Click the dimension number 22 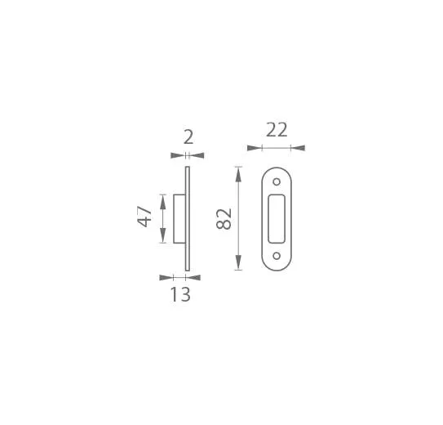point(277,130)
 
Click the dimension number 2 point(188,137)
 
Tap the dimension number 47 point(144,217)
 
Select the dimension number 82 point(224,219)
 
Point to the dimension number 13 point(180,294)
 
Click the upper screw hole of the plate point(277,181)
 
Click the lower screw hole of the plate point(277,256)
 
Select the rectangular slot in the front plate point(277,219)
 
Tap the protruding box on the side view point(179,219)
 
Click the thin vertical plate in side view point(188,219)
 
